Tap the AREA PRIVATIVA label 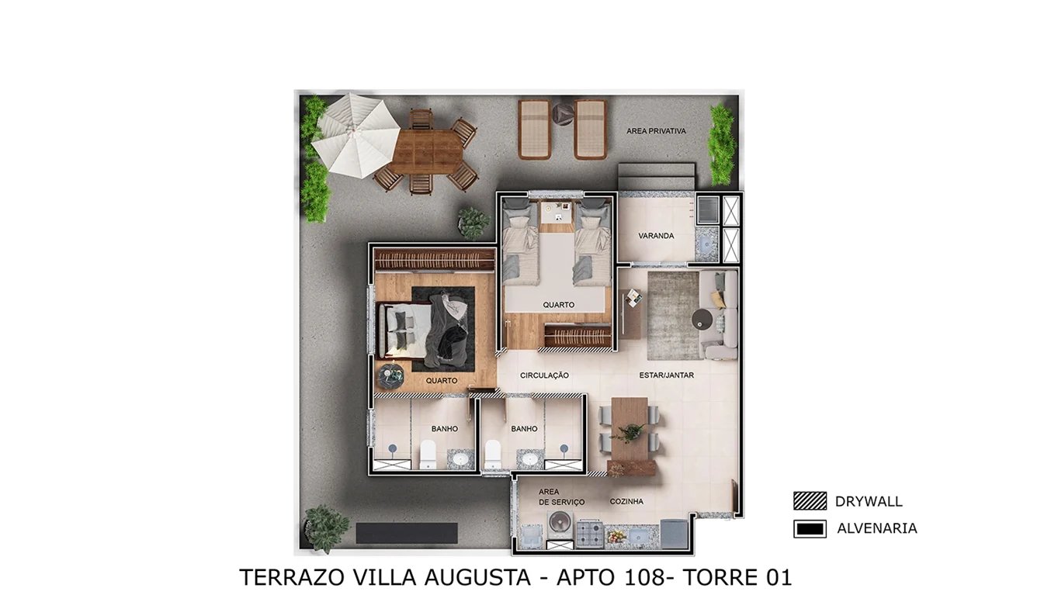[x=656, y=131]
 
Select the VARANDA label [x=656, y=236]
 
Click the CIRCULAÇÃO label [x=544, y=375]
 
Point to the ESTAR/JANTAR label [x=666, y=375]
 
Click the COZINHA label [x=626, y=502]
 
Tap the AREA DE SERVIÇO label [x=560, y=497]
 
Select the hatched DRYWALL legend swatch [x=810, y=501]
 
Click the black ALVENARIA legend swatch [x=810, y=529]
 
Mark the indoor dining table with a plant [x=630, y=431]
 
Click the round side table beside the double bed [x=390, y=375]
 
